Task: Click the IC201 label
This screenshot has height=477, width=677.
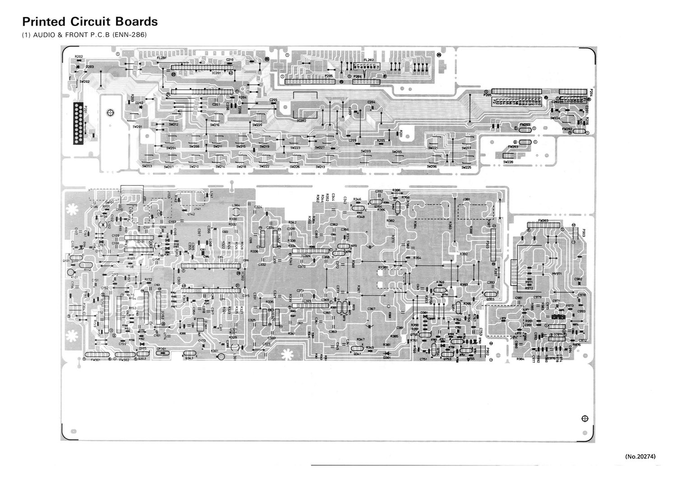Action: coord(216,73)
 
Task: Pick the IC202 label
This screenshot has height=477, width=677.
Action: coord(302,121)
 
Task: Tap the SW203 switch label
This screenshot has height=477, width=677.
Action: coord(147,167)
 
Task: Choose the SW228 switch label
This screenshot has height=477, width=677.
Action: coord(508,162)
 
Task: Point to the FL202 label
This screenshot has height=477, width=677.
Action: coord(369,60)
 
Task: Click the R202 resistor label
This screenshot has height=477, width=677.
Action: coord(79,56)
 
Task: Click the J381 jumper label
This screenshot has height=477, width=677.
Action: coord(467,200)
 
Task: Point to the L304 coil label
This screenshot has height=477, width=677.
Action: coord(236,205)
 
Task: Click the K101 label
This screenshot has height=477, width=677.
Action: coord(74,277)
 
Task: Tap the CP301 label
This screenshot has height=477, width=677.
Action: coord(161,349)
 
